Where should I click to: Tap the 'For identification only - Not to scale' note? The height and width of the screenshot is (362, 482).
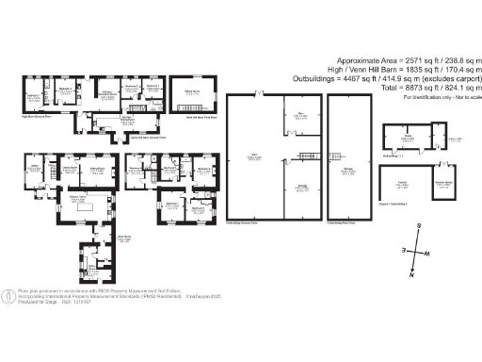click(x=442, y=98)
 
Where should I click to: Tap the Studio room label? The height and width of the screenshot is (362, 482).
click(x=409, y=138)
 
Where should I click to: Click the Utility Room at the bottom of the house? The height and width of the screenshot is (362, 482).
click(x=92, y=265)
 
